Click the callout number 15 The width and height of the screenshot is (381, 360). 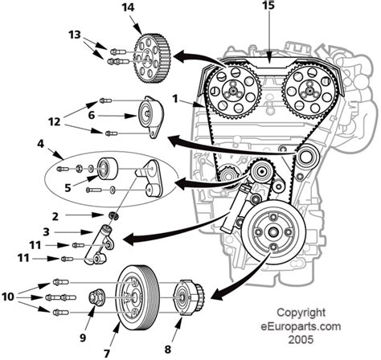click(x=268, y=5)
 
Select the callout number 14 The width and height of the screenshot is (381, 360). click(x=128, y=7)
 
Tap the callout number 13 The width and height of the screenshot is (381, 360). click(x=74, y=35)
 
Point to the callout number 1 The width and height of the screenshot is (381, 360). click(x=175, y=99)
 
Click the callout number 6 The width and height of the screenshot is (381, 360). click(x=92, y=115)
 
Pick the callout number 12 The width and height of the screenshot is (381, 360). click(x=54, y=122)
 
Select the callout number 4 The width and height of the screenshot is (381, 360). click(x=40, y=144)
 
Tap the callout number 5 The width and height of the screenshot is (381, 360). click(x=68, y=188)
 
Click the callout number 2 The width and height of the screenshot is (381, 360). click(x=55, y=216)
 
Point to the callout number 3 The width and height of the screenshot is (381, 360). click(x=46, y=231)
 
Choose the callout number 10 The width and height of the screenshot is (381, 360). click(x=8, y=297)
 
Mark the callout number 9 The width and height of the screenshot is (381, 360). click(x=83, y=337)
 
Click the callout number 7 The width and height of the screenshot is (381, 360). click(x=107, y=354)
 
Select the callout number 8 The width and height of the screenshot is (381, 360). click(x=167, y=350)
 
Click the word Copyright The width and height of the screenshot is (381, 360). click(x=301, y=313)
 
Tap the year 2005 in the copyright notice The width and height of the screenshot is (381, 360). click(x=301, y=339)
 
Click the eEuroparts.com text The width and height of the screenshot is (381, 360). click(x=301, y=326)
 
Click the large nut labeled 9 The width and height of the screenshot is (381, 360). click(x=96, y=297)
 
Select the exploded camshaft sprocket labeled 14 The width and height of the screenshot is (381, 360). click(x=152, y=59)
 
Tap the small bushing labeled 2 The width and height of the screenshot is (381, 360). click(x=113, y=215)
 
